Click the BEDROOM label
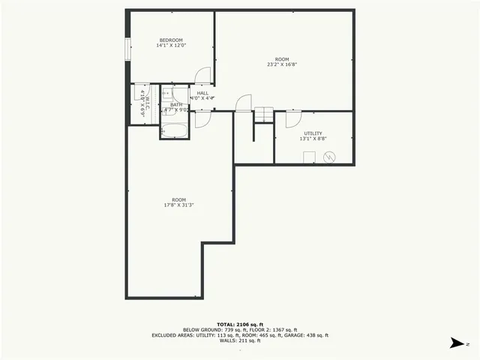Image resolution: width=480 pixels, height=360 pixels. [170, 40]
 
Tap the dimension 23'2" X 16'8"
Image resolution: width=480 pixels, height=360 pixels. [282, 65]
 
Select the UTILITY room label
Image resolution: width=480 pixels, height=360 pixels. [313, 133]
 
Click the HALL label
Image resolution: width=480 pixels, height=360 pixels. [202, 93]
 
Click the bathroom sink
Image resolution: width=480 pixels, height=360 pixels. [166, 94]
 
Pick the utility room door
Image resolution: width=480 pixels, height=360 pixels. [292, 118]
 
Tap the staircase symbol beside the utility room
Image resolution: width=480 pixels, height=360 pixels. [263, 115]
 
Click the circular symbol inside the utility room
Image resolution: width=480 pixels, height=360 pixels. [328, 157]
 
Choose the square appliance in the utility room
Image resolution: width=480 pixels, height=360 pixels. [308, 157]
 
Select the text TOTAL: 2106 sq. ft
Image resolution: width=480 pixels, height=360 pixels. [239, 324]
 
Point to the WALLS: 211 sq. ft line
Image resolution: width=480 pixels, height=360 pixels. [239, 340]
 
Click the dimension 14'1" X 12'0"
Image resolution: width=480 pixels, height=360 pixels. [170, 46]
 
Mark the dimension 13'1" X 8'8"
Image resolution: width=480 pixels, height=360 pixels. [313, 139]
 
